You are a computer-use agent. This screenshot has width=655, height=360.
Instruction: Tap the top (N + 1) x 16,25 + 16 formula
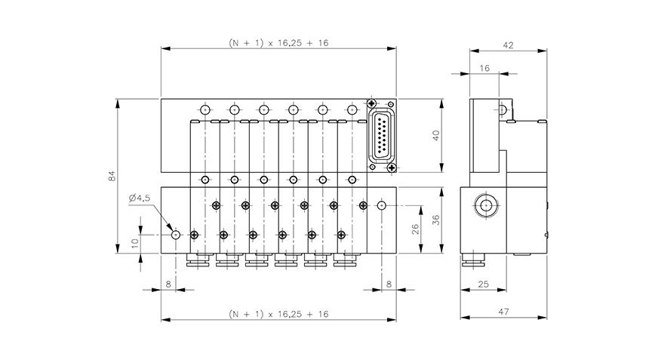(x=278, y=43)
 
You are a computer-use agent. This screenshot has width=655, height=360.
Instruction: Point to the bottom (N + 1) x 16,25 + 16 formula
(x=278, y=313)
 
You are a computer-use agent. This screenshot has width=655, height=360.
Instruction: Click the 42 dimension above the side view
(x=508, y=46)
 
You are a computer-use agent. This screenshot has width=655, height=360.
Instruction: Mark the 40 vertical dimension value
(x=435, y=137)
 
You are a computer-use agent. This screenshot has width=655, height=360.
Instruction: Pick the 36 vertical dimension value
(x=435, y=219)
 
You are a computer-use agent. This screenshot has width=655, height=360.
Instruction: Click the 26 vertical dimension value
(x=415, y=230)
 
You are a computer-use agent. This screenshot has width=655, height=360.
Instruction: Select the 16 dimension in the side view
(x=484, y=68)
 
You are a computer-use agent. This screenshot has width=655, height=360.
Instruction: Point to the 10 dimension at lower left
(x=135, y=243)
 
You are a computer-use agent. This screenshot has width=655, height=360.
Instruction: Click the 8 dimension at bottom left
(x=168, y=284)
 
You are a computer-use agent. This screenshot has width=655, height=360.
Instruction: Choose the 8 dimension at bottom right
(x=389, y=284)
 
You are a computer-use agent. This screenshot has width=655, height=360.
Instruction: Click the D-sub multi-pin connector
(x=383, y=136)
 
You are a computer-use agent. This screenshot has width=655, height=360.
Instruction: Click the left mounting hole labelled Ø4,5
(x=176, y=235)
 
